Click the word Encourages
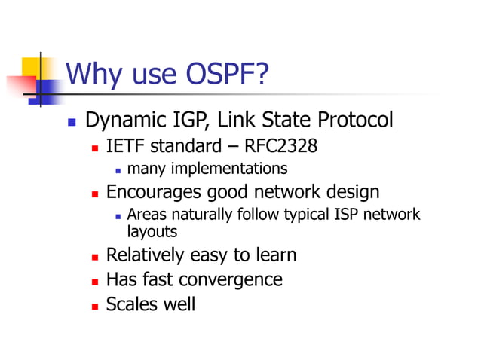(x=153, y=192)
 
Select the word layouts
(x=152, y=231)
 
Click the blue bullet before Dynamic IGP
(x=72, y=121)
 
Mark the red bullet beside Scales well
(x=96, y=306)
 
